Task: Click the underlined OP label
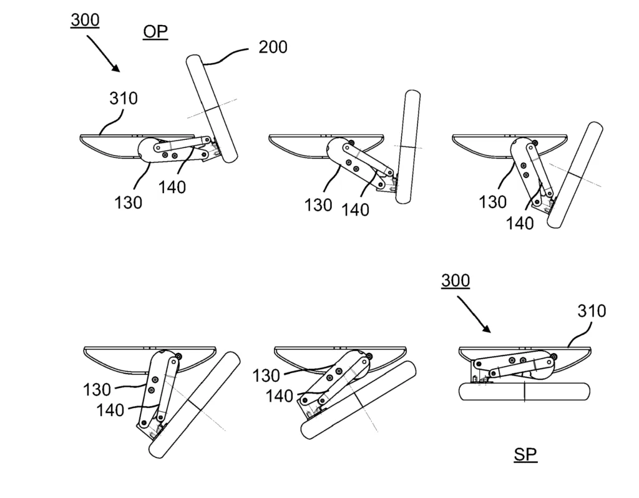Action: tap(155, 31)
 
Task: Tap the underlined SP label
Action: tap(525, 454)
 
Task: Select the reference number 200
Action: tap(273, 47)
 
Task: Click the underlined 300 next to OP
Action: tap(85, 20)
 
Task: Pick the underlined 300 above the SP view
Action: tap(456, 281)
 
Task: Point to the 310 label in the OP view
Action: tap(124, 98)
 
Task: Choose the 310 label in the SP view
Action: tap(591, 311)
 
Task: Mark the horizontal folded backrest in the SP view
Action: tap(524, 392)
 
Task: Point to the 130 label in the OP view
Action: tap(128, 202)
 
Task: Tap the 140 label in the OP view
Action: tap(172, 186)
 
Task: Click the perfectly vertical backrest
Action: tap(408, 147)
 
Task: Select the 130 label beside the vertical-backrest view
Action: tap(318, 205)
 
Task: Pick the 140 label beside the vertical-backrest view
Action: tap(356, 210)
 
